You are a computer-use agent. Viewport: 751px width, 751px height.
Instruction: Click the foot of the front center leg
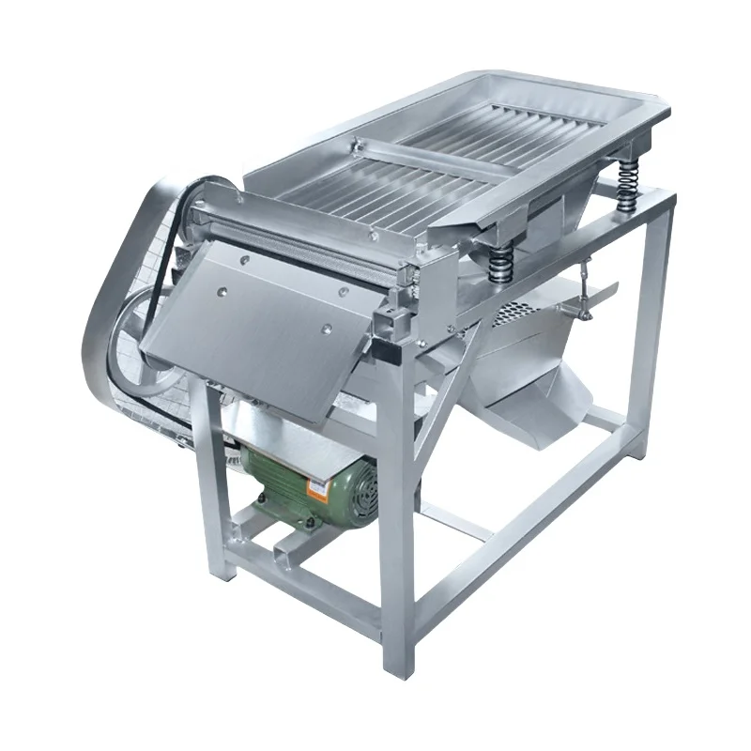[398, 662]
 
